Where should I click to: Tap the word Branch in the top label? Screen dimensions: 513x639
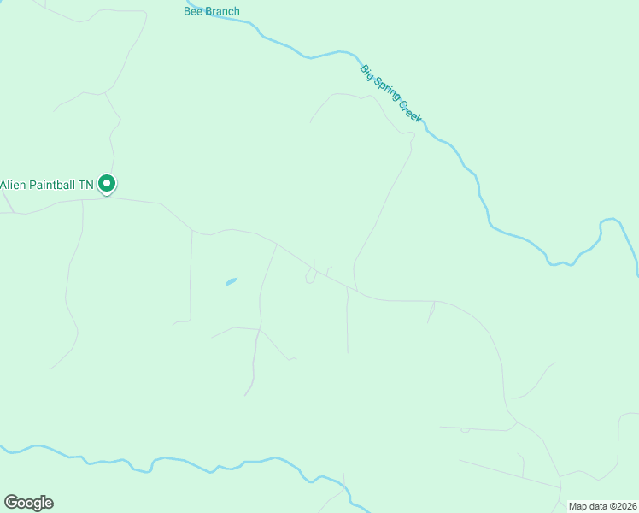click(222, 11)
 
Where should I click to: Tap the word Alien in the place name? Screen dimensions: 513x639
click(14, 184)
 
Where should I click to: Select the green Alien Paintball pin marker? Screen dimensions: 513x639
click(107, 184)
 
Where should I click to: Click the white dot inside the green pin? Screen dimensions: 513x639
click(107, 182)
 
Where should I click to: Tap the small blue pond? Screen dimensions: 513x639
click(231, 280)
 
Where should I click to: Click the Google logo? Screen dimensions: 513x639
click(28, 503)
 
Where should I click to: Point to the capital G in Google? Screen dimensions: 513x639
click(10, 502)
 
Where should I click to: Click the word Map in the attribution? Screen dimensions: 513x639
click(578, 506)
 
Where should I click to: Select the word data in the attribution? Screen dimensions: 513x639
click(599, 506)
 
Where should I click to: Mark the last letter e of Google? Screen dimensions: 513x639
click(49, 504)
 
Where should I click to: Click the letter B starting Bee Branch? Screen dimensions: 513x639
click(187, 11)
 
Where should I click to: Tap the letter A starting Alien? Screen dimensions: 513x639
click(3, 184)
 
